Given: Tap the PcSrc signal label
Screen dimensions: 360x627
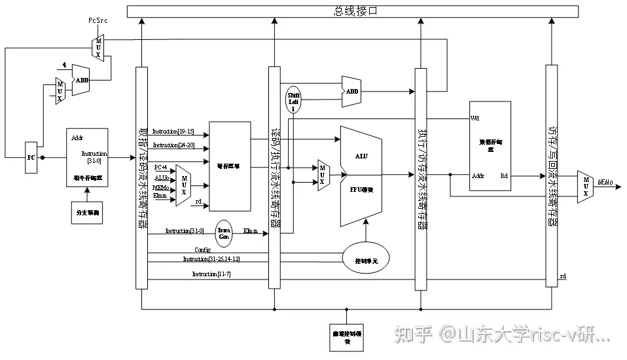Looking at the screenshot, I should (x=99, y=21).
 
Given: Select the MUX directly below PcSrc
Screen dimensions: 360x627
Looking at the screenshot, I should (x=99, y=47).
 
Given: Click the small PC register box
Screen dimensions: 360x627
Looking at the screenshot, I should (x=31, y=158).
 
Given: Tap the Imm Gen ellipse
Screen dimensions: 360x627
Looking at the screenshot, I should (x=224, y=232).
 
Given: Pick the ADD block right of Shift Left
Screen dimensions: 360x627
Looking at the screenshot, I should (x=351, y=92).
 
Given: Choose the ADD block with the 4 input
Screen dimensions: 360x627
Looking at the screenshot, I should (x=81, y=80).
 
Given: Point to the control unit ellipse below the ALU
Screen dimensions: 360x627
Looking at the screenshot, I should (x=367, y=260).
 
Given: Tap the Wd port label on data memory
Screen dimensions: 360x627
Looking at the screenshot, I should (x=475, y=119).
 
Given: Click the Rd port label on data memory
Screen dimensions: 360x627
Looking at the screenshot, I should (x=504, y=175).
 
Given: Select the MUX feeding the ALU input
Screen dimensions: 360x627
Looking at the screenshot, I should (x=323, y=175).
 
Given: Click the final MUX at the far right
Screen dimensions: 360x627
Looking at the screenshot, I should (x=585, y=187).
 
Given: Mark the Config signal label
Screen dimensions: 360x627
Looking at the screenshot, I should (x=202, y=250).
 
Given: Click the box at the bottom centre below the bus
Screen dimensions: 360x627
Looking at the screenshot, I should (x=346, y=337).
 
